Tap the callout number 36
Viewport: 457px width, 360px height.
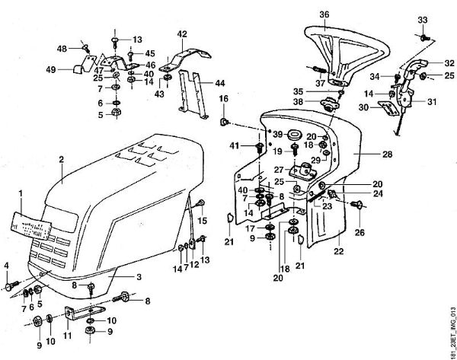pos(324,14)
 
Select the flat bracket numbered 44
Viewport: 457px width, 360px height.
pos(194,96)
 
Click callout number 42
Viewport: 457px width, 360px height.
pos(182,33)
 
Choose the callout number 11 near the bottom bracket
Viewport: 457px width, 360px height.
pos(67,334)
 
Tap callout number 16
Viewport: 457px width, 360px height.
pos(224,100)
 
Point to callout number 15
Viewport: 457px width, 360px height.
pos(203,221)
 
